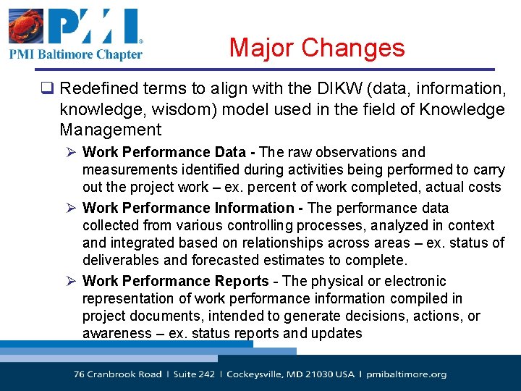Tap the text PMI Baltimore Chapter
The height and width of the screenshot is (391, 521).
tap(75, 54)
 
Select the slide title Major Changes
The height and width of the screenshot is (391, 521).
tap(317, 48)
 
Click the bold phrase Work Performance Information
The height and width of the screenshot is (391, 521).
tap(188, 208)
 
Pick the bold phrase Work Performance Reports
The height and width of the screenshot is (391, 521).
tap(176, 281)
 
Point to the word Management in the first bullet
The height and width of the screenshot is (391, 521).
tap(111, 130)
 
